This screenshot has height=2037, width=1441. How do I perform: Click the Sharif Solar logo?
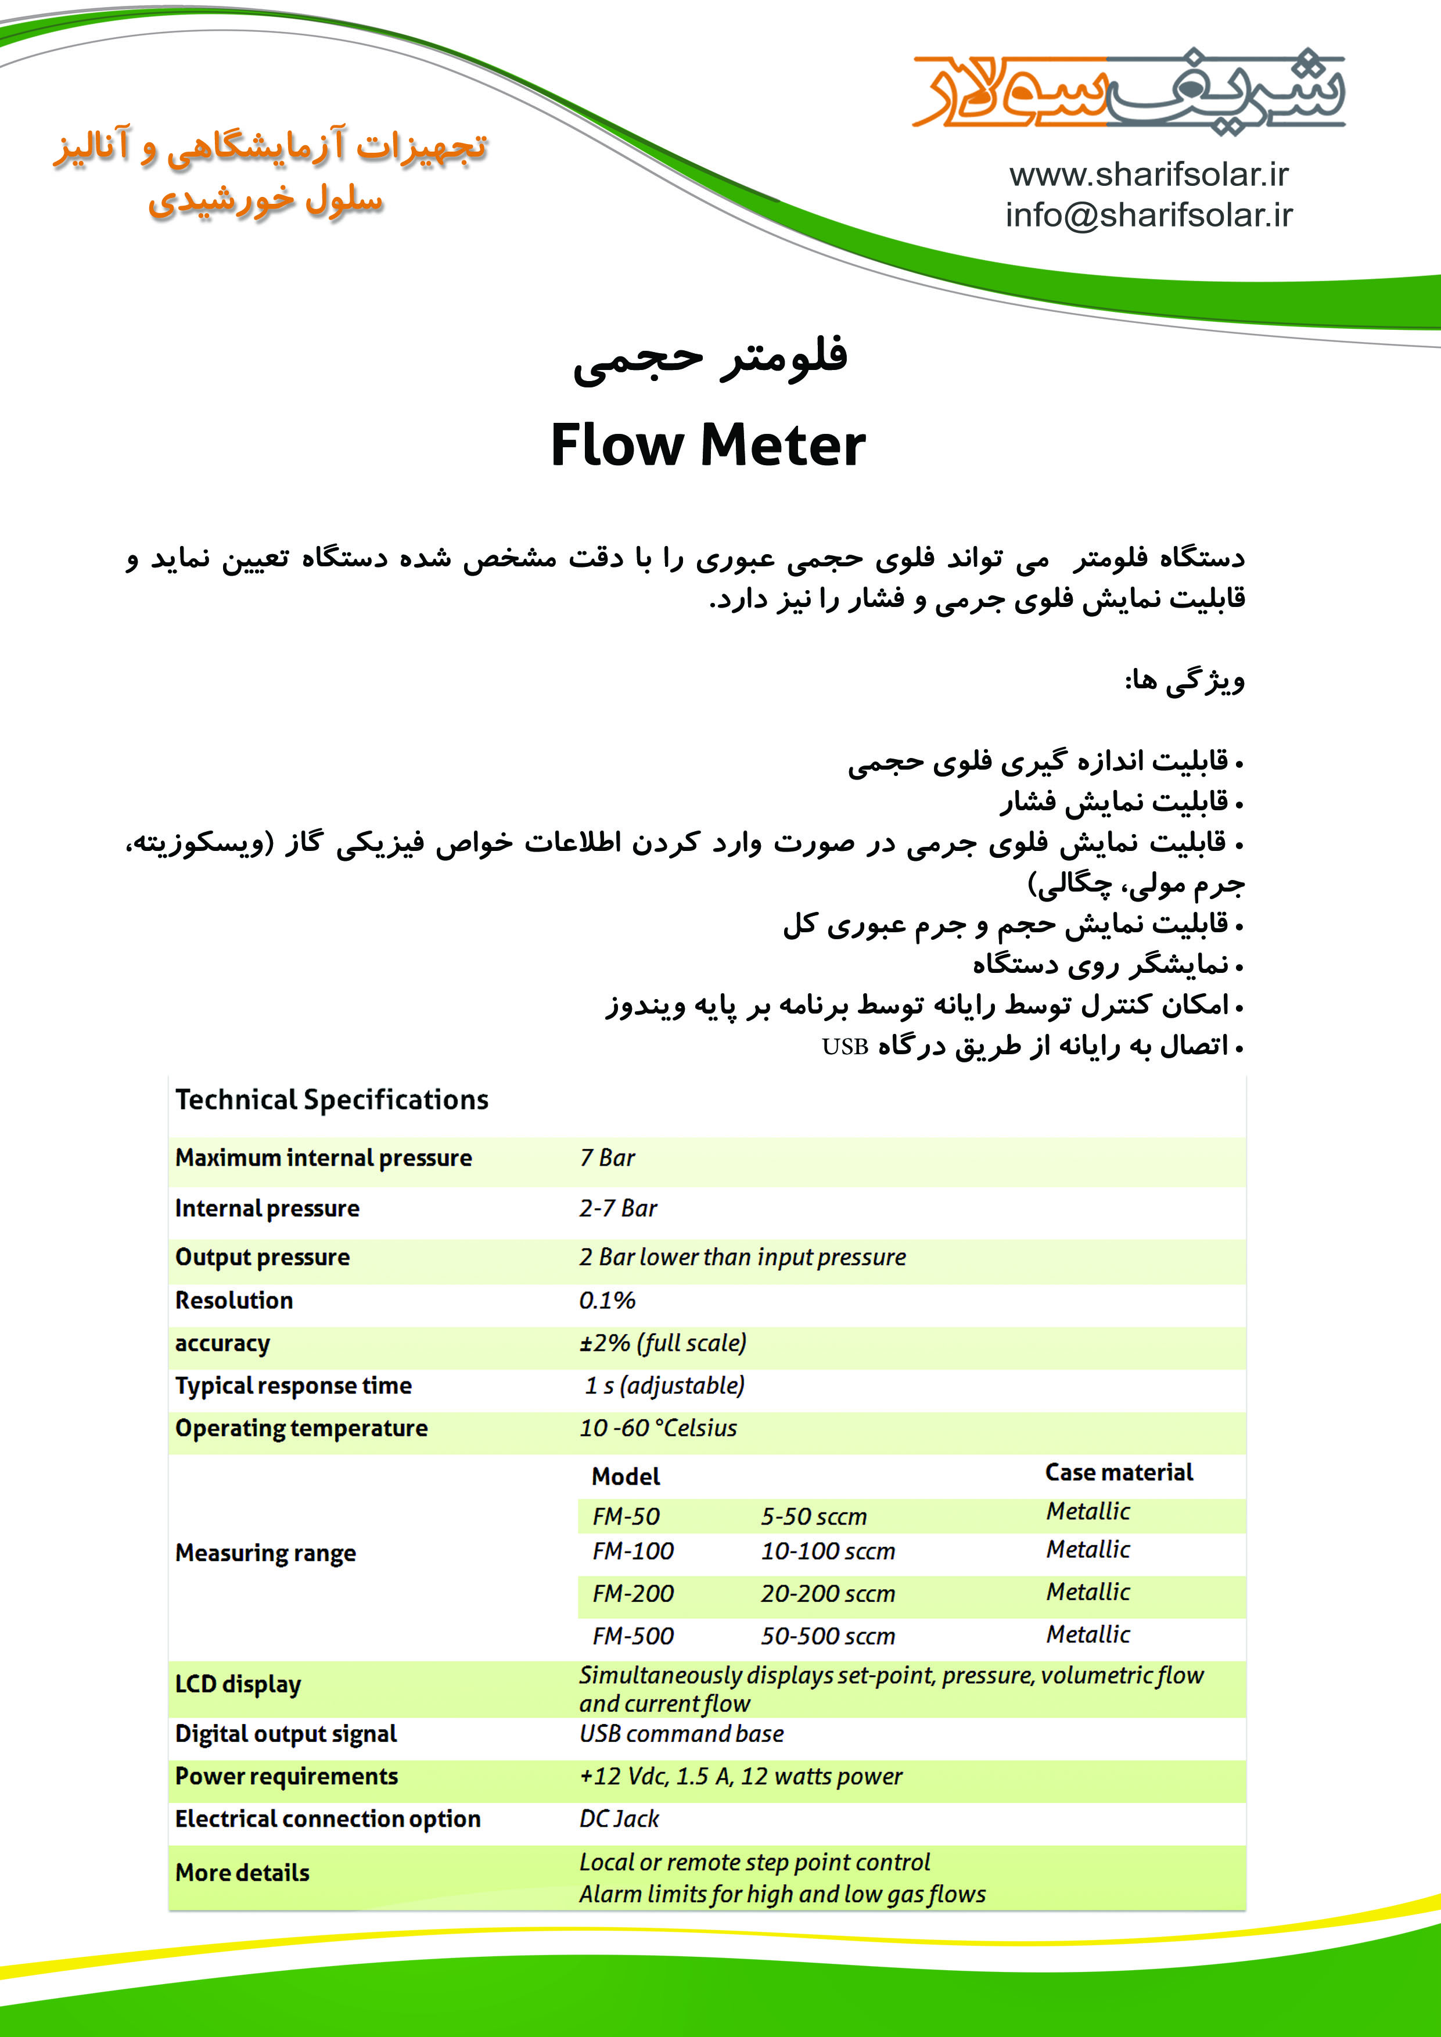coord(1128,91)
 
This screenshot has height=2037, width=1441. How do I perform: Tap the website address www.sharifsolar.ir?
coord(1148,175)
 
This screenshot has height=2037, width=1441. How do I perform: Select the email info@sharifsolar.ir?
coord(1148,215)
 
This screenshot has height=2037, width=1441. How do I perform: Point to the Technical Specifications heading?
coord(332,1100)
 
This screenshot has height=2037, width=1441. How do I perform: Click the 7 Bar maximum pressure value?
coord(607,1158)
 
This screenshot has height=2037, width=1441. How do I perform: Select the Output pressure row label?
coord(263,1257)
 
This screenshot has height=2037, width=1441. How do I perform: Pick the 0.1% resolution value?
coord(607,1300)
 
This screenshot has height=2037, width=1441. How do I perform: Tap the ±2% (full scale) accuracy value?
coord(663,1343)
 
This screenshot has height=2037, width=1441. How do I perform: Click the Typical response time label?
coord(294,1386)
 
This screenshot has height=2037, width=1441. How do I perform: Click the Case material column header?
coord(1118,1473)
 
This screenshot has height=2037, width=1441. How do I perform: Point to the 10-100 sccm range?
coord(827,1551)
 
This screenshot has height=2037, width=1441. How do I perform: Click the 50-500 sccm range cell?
coord(827,1637)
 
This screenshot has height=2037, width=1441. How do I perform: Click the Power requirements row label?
coord(286,1777)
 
